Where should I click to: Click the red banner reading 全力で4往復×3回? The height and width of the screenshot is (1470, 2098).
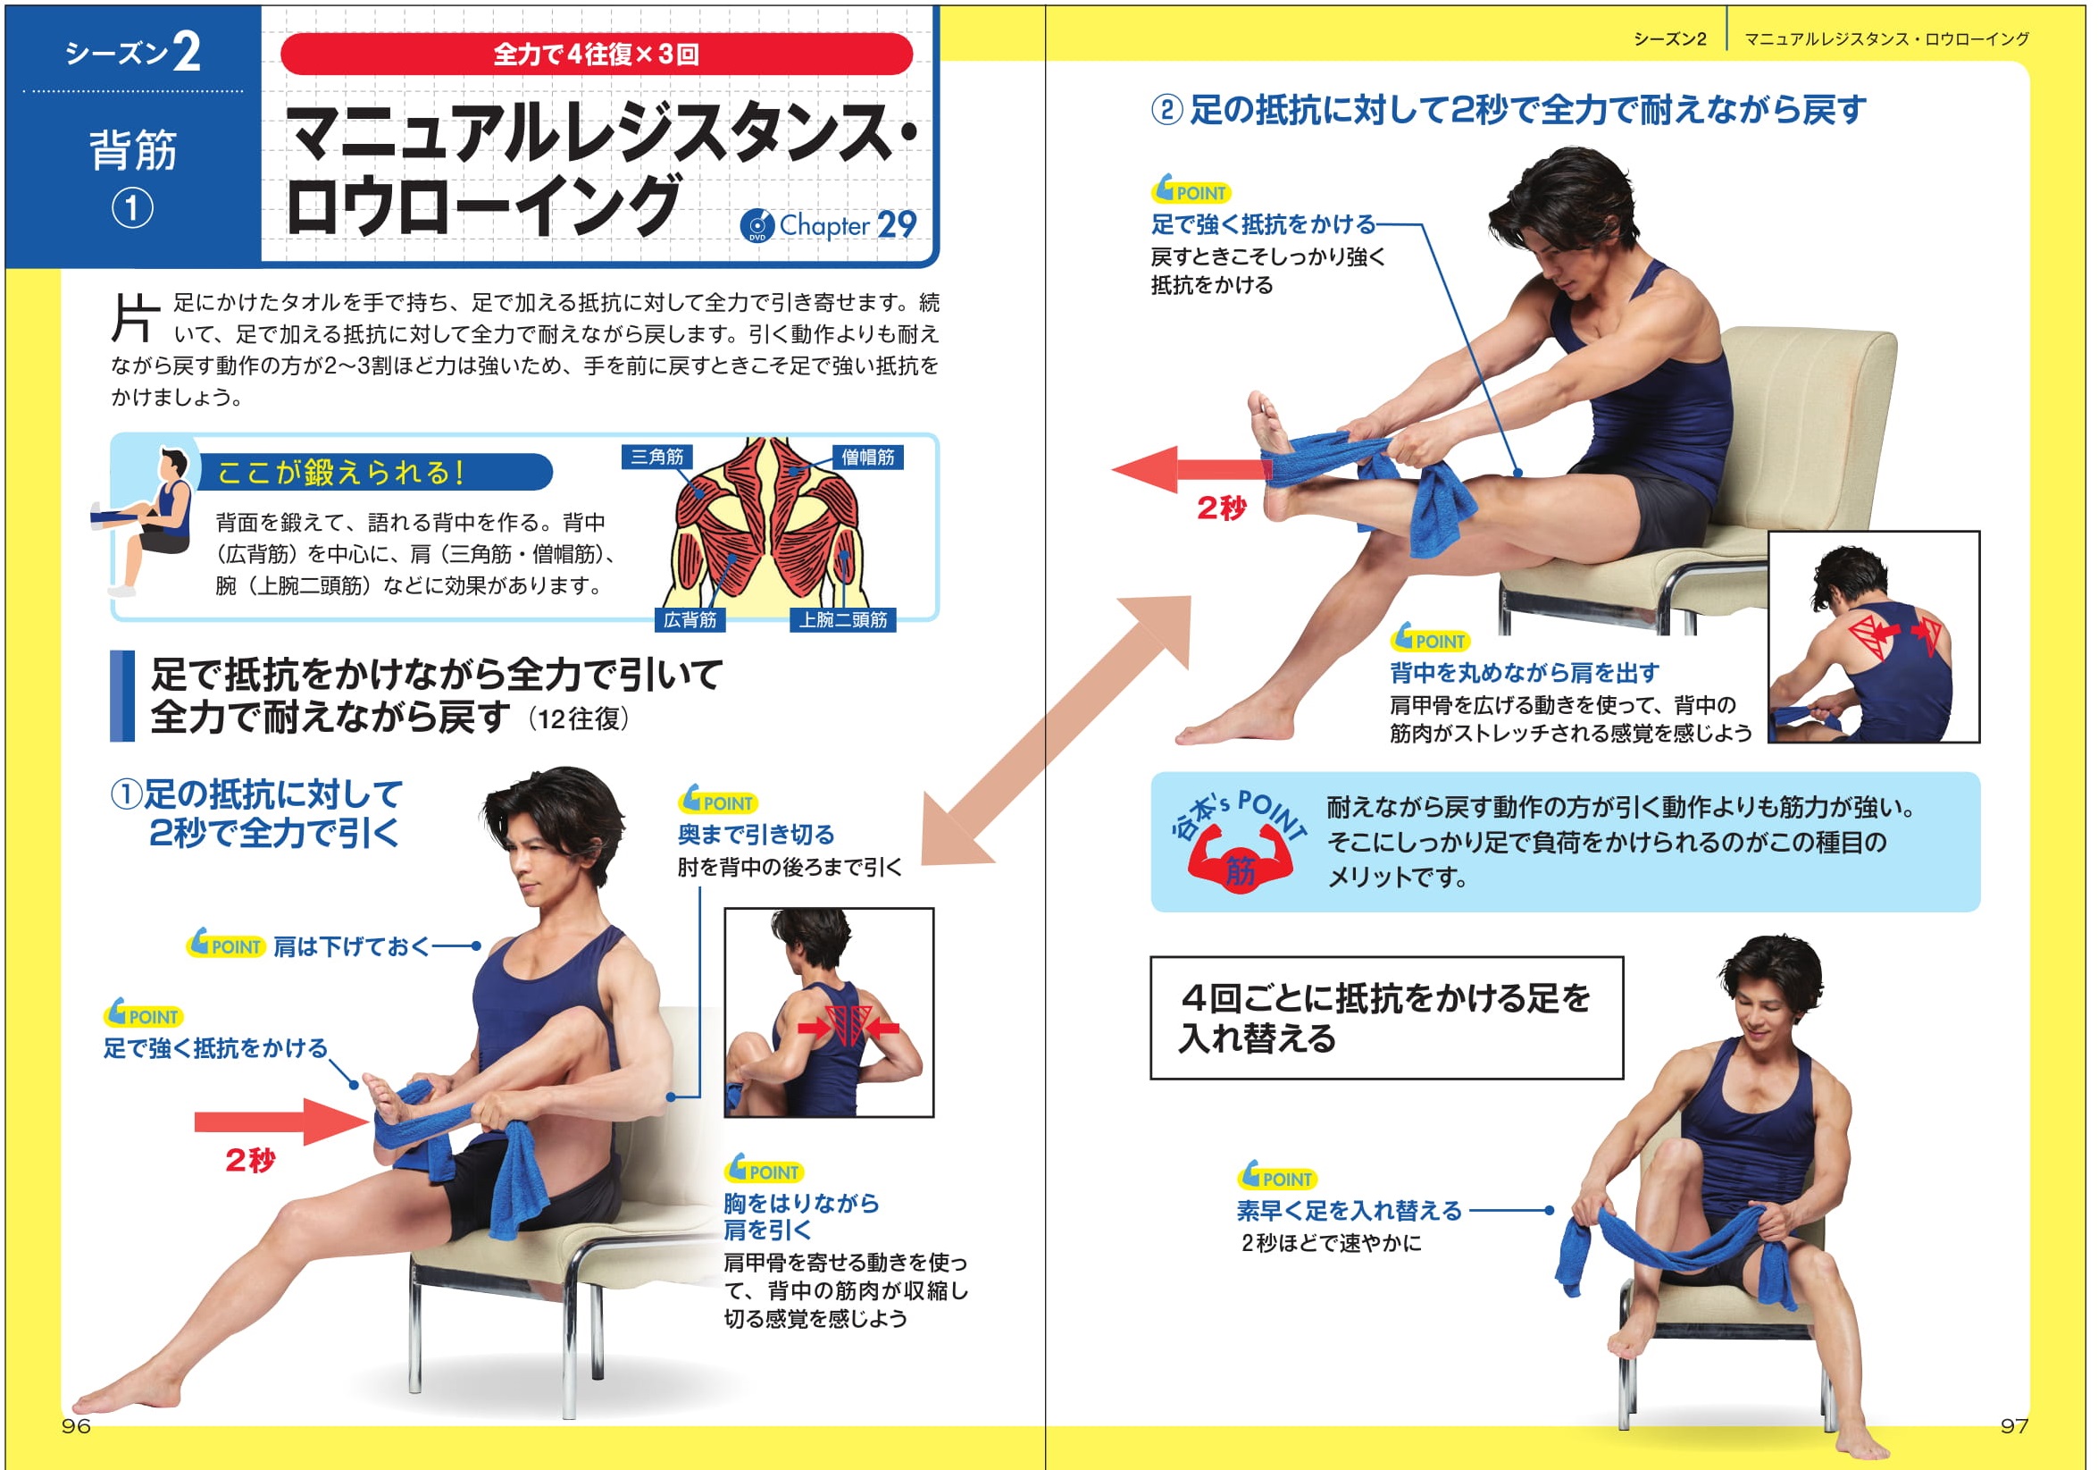596,55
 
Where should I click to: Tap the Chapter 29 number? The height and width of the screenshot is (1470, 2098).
896,225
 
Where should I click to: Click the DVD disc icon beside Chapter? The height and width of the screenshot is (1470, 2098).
756,226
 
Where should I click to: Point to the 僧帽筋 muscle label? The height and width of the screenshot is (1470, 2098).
867,458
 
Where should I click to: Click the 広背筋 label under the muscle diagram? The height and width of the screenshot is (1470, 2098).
689,621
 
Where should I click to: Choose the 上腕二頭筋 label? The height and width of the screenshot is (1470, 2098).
841,621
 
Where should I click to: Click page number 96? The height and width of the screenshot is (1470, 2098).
76,1426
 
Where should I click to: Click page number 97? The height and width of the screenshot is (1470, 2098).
2013,1426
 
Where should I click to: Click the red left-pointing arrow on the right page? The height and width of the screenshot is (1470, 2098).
1188,470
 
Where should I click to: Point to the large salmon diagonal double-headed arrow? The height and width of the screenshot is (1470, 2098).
1056,731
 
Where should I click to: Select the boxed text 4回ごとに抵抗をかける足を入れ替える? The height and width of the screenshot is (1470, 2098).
1385,1019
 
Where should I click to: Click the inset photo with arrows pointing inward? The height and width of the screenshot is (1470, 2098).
829,1012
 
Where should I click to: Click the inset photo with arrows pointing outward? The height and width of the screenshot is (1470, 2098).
1873,637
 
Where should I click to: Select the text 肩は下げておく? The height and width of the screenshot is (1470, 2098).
351,947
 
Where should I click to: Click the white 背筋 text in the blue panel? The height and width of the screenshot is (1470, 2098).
132,150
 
